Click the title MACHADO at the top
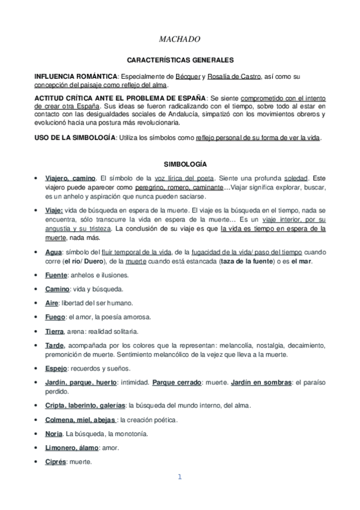(180, 40)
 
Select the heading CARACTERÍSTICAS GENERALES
(180, 60)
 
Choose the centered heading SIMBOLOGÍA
(180, 164)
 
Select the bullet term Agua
(54, 251)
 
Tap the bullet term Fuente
(56, 275)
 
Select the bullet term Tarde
(55, 346)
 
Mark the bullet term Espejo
(56, 368)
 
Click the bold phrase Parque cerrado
(176, 382)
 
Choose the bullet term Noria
(53, 434)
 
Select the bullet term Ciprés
(56, 462)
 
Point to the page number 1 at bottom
(179, 478)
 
